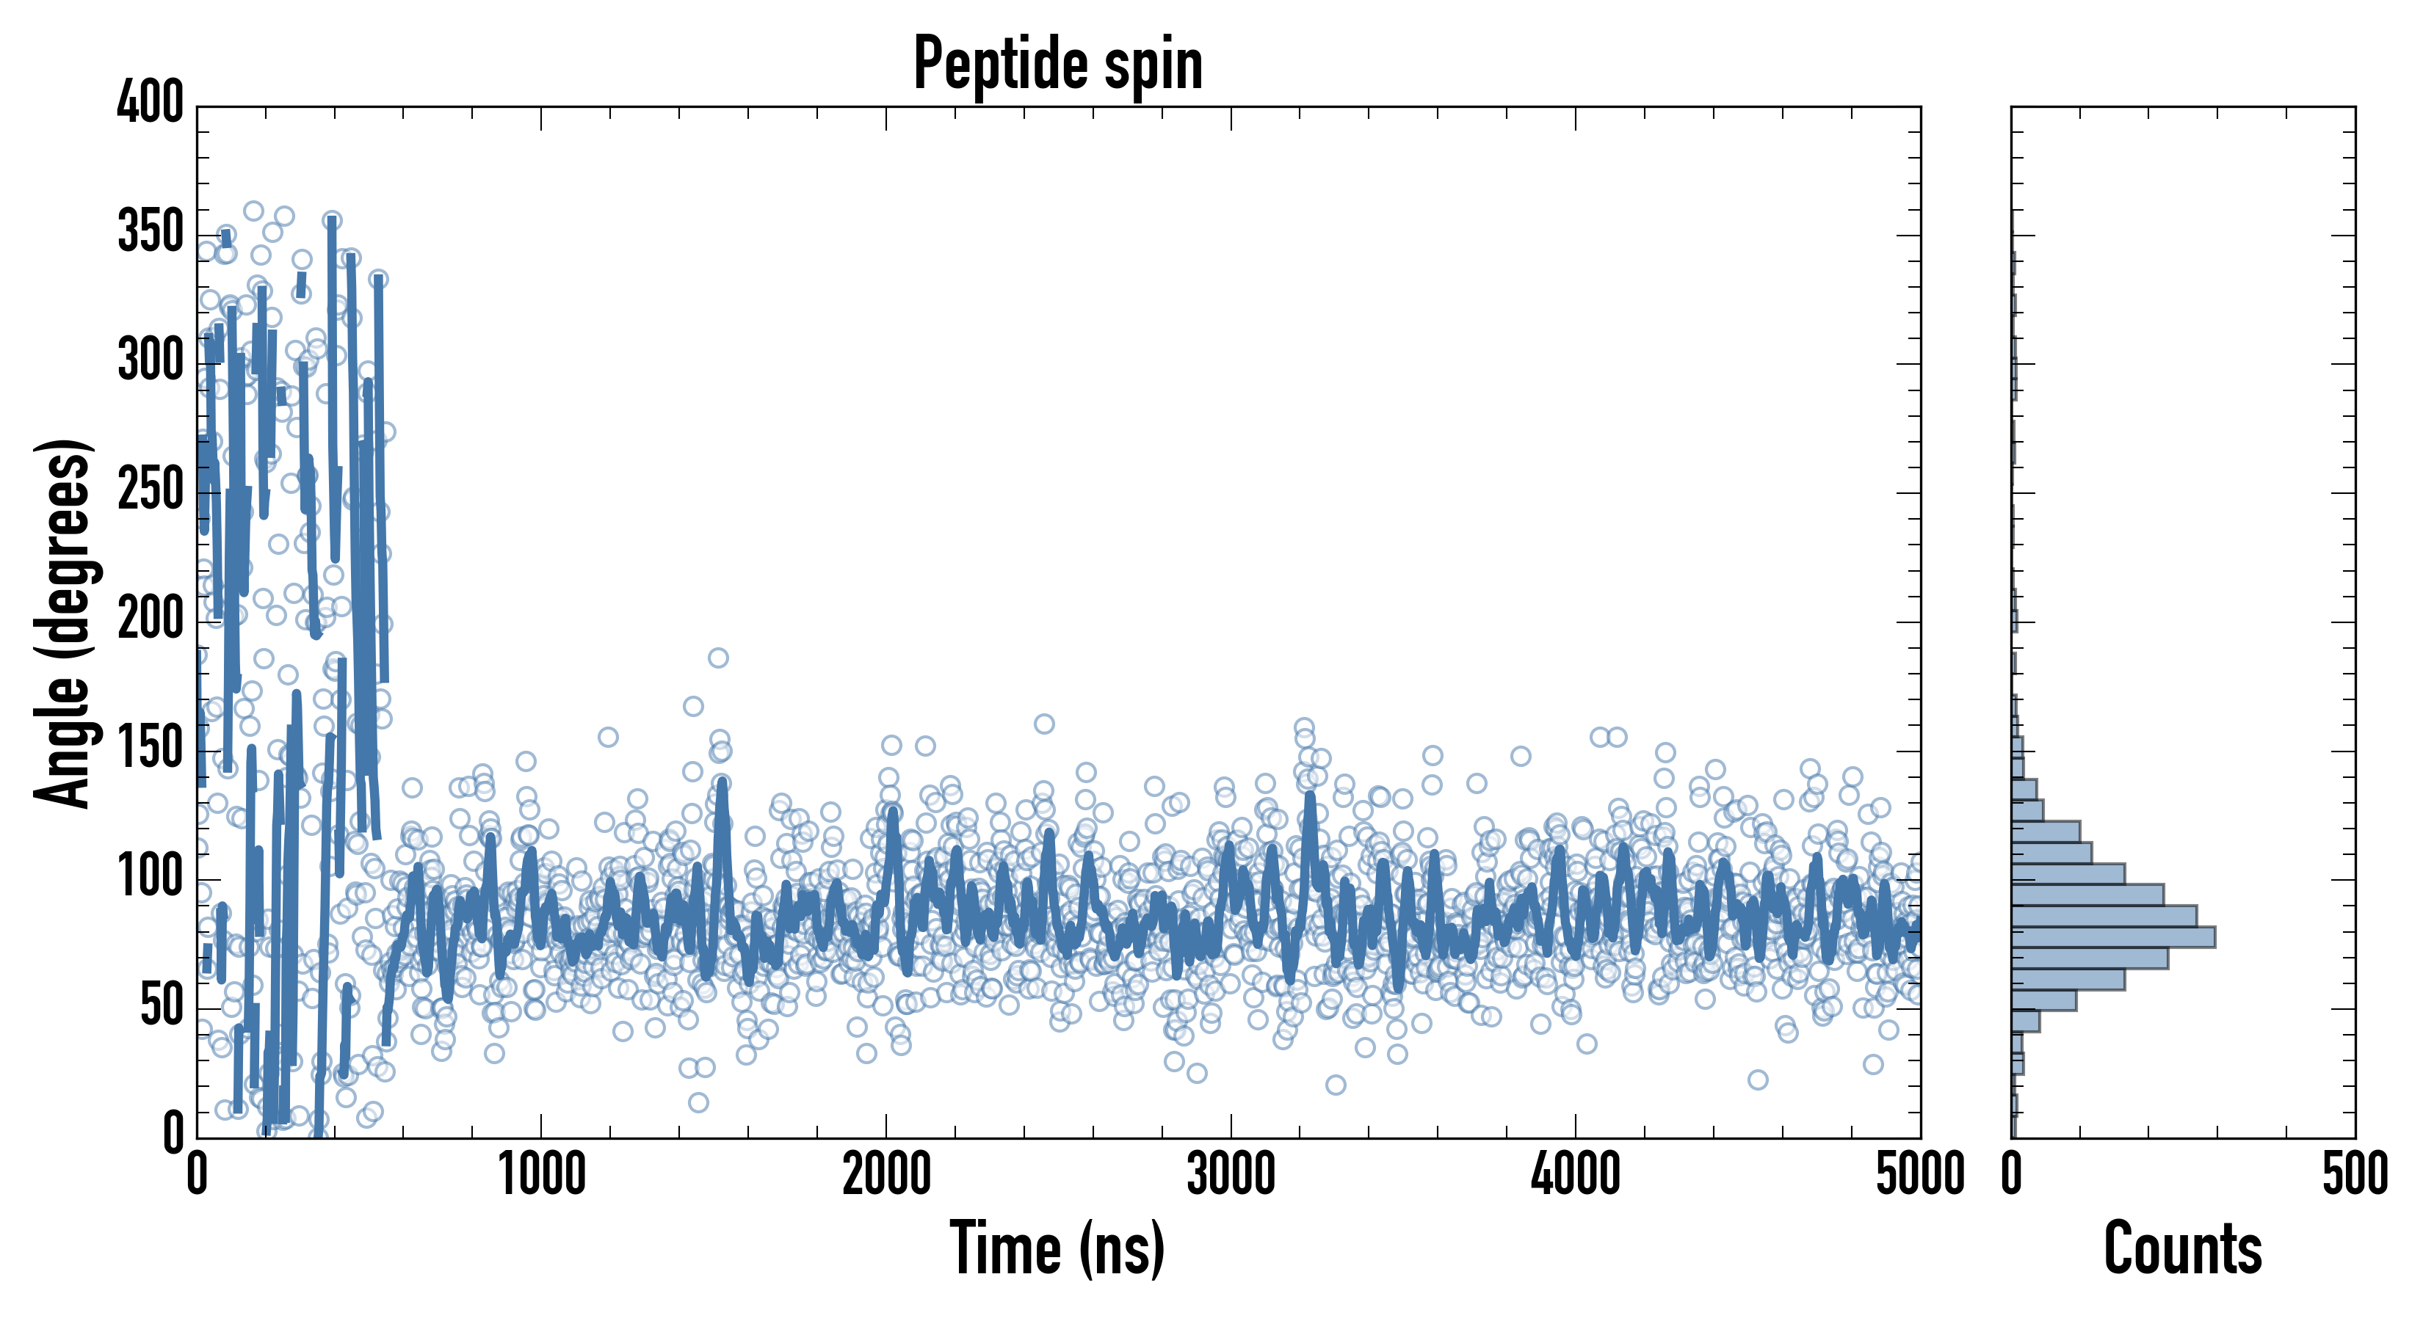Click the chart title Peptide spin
click(1057, 64)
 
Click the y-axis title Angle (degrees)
click(63, 622)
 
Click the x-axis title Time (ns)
click(1057, 1248)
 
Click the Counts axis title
click(2182, 1248)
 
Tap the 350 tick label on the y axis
click(151, 231)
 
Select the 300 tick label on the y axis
click(151, 360)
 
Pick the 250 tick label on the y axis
click(151, 489)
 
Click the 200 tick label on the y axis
click(151, 619)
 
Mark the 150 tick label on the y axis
click(151, 748)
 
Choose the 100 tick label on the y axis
click(151, 876)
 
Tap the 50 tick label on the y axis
click(162, 1005)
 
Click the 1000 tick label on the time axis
click(542, 1175)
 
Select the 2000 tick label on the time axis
click(886, 1175)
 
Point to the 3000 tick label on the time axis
click(1231, 1175)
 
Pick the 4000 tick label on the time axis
click(1576, 1175)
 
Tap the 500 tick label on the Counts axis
click(2354, 1175)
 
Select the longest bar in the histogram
click(2112, 936)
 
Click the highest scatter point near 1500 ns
click(717, 658)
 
